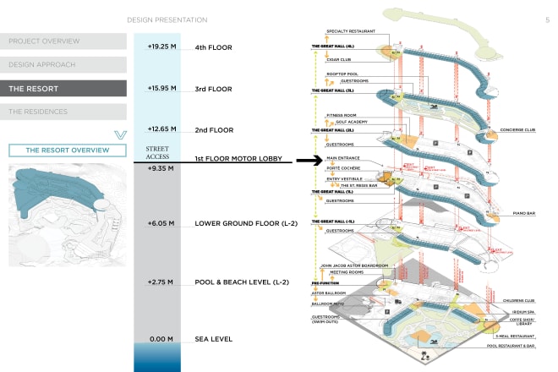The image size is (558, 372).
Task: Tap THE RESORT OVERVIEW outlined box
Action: pos(68,150)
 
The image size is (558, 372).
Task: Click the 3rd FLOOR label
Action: pos(213,88)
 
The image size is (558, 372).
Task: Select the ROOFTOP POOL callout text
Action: pos(342,74)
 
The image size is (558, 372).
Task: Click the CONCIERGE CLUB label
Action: pos(518,130)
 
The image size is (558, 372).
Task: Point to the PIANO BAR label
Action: pos(524,213)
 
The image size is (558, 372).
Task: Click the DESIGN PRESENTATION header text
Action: pos(167,18)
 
